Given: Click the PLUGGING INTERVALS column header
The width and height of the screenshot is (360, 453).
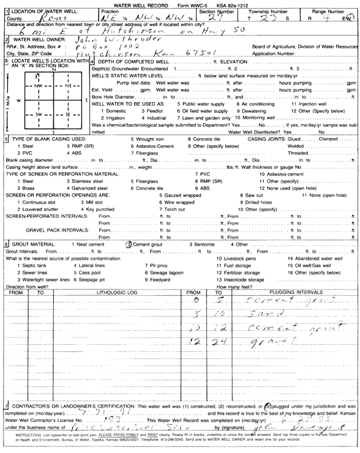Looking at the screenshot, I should point(292,292).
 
